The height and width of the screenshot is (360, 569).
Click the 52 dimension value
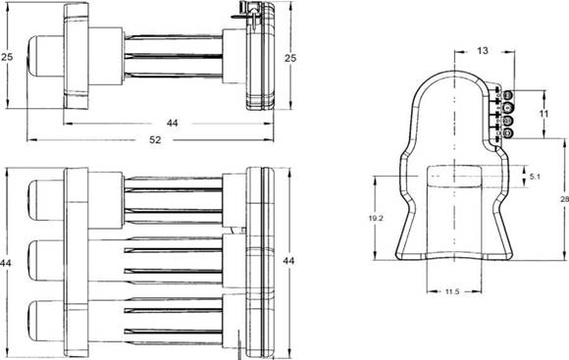(155, 139)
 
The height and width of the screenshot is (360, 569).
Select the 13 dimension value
(483, 51)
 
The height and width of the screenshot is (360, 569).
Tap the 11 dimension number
(543, 114)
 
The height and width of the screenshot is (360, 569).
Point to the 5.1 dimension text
(536, 177)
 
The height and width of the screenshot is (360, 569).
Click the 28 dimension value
(565, 199)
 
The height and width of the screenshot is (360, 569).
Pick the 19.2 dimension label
(376, 219)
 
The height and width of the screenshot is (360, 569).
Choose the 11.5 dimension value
(452, 291)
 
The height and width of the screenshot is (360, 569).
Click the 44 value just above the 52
(173, 123)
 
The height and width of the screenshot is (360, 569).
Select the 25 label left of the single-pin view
(7, 57)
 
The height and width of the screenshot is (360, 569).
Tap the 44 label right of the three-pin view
(288, 261)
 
